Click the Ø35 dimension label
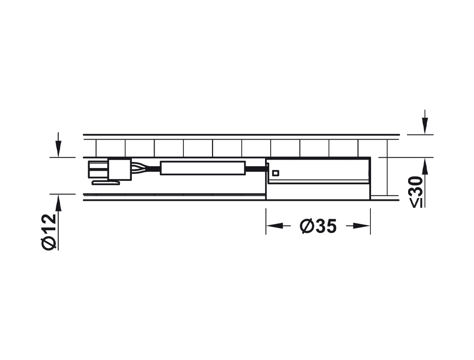coord(318,226)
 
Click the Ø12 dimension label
coord(49,231)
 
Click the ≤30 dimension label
coord(417,192)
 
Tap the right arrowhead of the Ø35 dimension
coord(362,225)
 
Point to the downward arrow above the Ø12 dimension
coord(58,144)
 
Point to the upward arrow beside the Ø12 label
coord(58,222)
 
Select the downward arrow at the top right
coord(425,122)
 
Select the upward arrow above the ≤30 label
coord(425,182)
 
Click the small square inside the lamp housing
coord(275,173)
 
